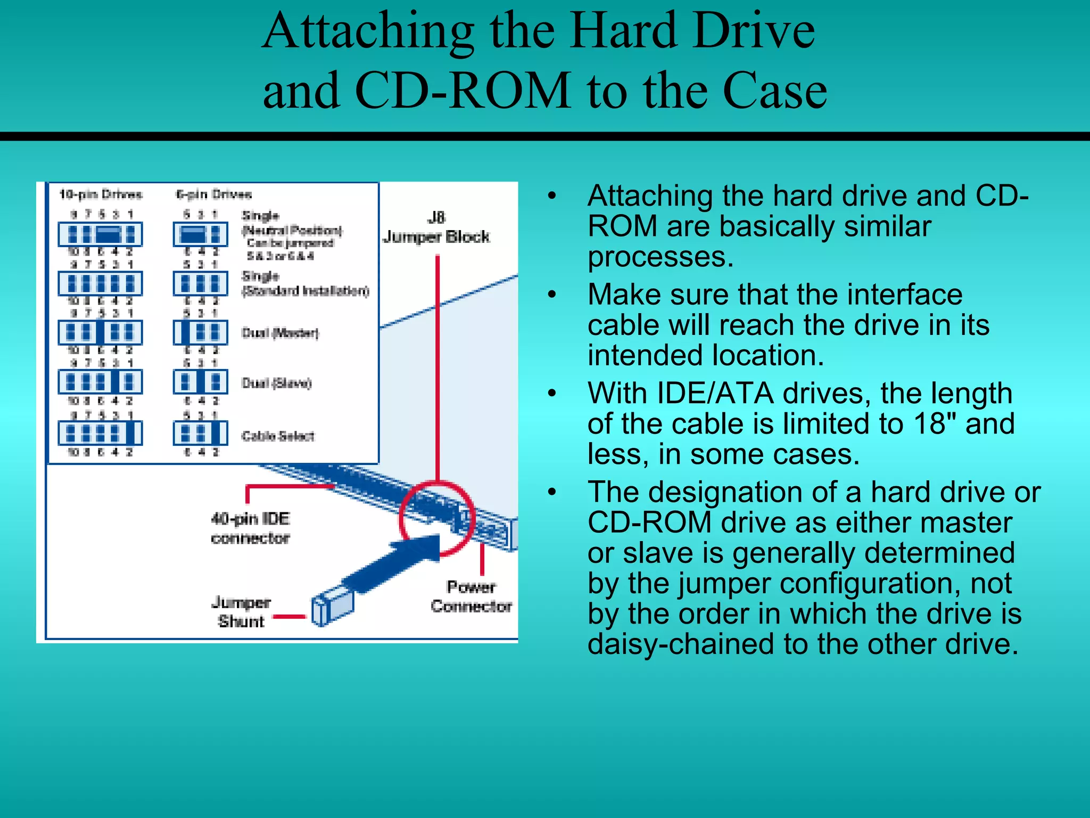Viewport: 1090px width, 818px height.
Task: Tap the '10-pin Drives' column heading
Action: point(101,194)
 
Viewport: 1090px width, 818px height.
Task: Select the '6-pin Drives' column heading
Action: point(214,194)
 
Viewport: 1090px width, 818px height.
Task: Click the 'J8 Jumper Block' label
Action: point(436,228)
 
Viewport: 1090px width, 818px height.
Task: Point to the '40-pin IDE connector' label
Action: point(250,528)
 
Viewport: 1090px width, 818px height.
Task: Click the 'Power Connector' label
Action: point(471,596)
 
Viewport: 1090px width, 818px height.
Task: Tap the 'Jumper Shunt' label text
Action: point(241,612)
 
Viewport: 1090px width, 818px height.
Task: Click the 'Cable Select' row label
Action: point(278,436)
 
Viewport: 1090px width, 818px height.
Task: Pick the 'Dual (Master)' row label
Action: point(280,333)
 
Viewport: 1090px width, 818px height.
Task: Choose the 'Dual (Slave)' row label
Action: point(277,383)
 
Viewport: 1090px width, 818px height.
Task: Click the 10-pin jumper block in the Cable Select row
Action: point(100,433)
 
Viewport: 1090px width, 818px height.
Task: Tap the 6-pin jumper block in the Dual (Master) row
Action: point(200,332)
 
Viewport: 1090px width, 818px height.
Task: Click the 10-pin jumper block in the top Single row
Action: point(100,234)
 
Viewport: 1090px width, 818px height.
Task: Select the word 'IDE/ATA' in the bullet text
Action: point(715,394)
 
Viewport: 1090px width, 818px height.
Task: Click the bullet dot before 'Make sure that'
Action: point(552,294)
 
